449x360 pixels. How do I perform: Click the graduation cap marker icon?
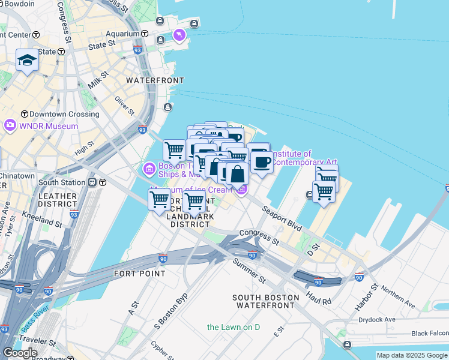coord(27,60)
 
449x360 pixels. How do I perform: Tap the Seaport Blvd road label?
coord(281,217)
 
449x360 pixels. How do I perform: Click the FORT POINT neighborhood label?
coord(139,274)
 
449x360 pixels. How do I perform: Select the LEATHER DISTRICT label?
coord(58,200)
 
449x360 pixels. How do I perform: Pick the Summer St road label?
coord(249,271)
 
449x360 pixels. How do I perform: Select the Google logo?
coord(20,353)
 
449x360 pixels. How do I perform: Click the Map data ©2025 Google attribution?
coord(412,355)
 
